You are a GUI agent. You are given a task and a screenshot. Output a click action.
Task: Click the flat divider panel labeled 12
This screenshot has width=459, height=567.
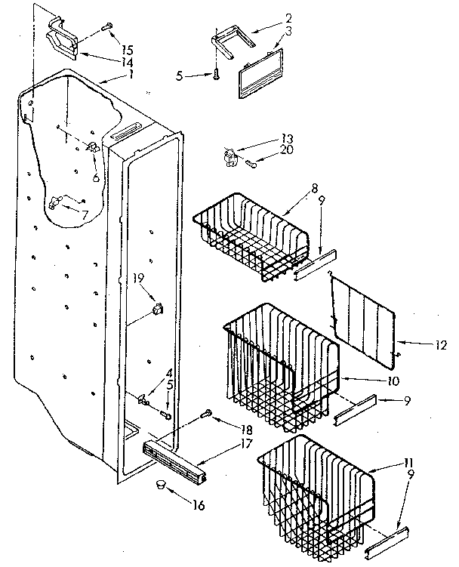click(x=364, y=316)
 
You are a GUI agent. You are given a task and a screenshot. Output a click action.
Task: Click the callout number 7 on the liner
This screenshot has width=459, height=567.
click(x=85, y=215)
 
